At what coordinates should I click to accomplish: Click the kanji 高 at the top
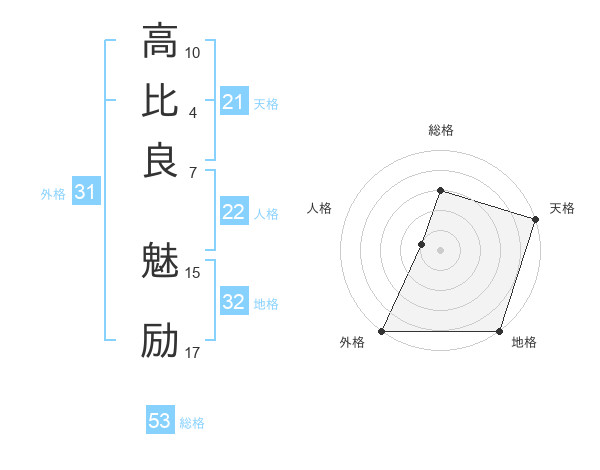point(160,42)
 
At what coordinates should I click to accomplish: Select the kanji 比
point(160,101)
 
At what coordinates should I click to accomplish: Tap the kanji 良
point(160,160)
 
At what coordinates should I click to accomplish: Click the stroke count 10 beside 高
point(193,52)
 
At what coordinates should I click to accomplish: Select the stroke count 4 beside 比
point(192,111)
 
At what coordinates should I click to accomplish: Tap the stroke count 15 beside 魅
point(193,272)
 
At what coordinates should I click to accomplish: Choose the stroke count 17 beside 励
point(193,352)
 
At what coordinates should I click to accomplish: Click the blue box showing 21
point(234,102)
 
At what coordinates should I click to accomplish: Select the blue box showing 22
point(234,212)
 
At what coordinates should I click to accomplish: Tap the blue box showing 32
point(234,302)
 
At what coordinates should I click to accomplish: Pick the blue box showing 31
point(85,193)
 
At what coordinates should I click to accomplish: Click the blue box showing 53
point(160,421)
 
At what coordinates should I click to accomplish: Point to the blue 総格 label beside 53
point(192,423)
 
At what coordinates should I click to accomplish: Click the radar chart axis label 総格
point(440,131)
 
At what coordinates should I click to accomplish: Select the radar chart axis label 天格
point(562,208)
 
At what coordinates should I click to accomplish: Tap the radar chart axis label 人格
point(320,208)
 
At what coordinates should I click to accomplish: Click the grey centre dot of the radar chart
point(440,249)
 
